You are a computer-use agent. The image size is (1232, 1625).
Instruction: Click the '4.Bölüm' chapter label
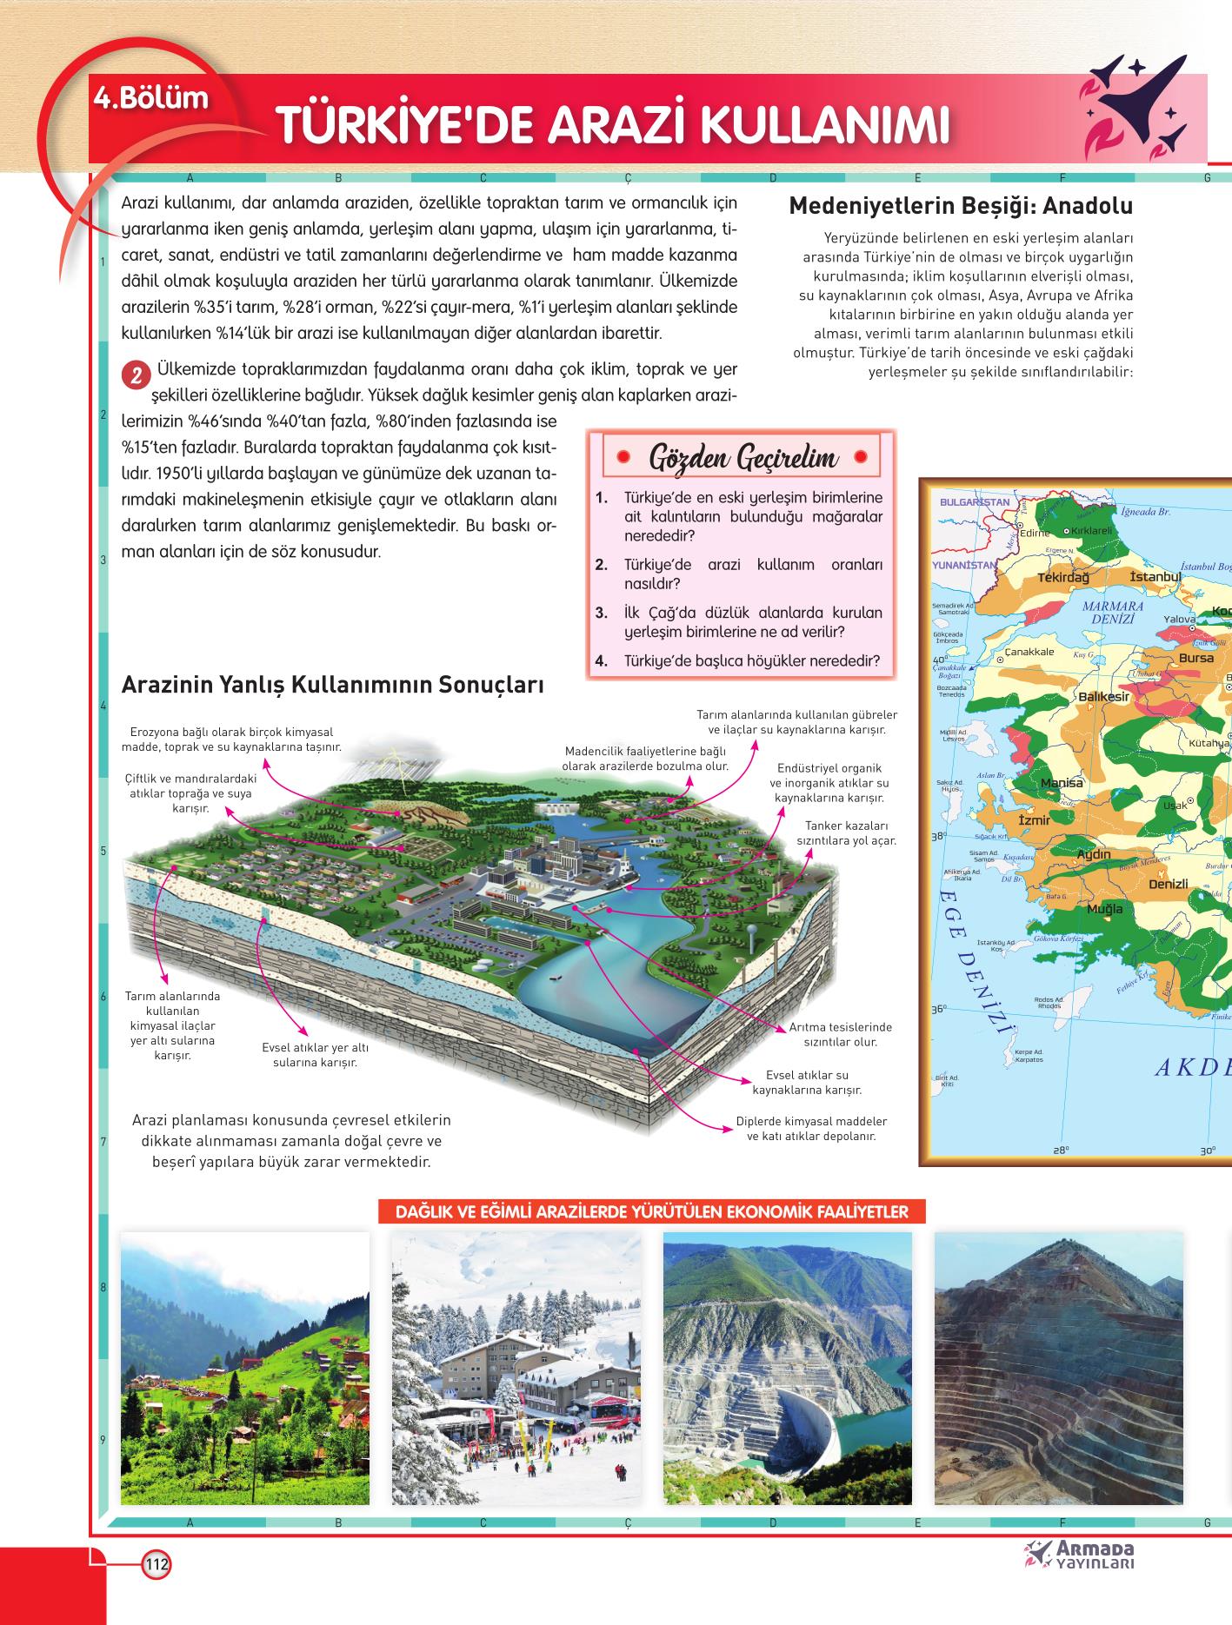pyautogui.click(x=153, y=98)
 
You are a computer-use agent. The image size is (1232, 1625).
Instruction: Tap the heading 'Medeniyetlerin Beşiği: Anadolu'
pyautogui.click(x=960, y=207)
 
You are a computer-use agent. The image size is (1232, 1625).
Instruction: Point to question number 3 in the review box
pyautogui.click(x=601, y=613)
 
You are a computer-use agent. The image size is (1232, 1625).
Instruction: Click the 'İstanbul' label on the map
pyautogui.click(x=1155, y=577)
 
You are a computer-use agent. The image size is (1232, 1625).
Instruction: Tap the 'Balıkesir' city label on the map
pyautogui.click(x=1103, y=697)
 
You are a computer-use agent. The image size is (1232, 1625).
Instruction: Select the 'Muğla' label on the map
pyautogui.click(x=1105, y=910)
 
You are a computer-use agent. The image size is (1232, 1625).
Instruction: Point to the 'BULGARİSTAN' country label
pyautogui.click(x=975, y=502)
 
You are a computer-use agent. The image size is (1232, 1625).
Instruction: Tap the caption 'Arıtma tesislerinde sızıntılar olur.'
pyautogui.click(x=840, y=1035)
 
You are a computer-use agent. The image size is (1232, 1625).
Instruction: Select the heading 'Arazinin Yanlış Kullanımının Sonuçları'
pyautogui.click(x=333, y=685)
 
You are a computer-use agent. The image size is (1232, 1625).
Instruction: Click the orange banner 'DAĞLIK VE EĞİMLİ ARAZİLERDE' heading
pyautogui.click(x=651, y=1212)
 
